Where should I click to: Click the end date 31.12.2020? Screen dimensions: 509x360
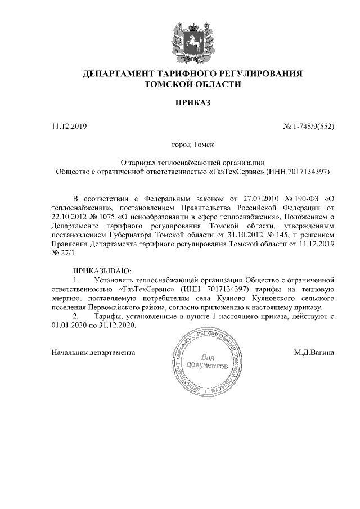(x=119, y=325)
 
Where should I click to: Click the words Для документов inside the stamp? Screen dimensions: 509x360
(x=209, y=361)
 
